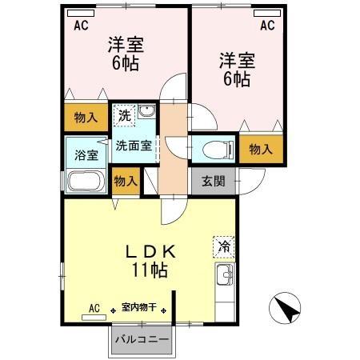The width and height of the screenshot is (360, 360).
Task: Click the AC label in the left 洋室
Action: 80,26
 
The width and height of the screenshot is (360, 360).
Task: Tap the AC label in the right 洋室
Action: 266,26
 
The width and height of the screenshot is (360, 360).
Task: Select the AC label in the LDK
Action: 94,308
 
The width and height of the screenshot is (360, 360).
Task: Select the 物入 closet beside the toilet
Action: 261,150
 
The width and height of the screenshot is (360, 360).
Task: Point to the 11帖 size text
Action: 150,270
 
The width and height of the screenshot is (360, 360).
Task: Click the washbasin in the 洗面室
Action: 146,112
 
